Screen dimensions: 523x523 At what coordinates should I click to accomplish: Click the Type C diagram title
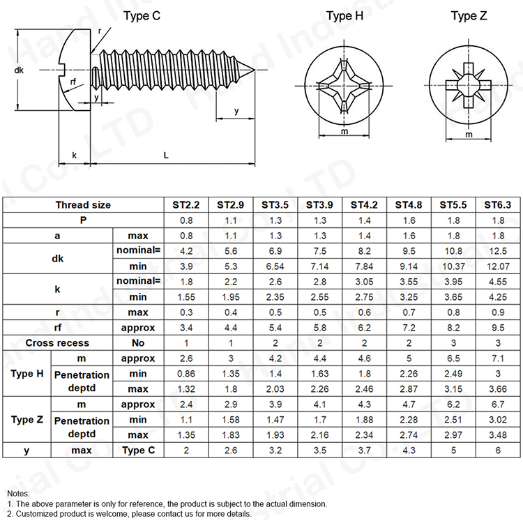coord(142,15)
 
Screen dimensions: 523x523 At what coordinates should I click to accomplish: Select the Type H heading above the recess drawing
coord(344,15)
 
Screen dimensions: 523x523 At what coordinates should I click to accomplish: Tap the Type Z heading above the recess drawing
coord(469,15)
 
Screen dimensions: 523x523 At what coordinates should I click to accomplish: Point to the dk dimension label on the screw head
coord(19,70)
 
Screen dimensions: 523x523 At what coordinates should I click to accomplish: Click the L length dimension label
coord(166,155)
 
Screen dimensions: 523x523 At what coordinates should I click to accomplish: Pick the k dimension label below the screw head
coord(75,155)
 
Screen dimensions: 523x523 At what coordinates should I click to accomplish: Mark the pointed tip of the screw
coord(255,70)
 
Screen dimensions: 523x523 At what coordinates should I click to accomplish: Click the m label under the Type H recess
coord(344,131)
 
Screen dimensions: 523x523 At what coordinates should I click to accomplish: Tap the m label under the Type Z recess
coord(469,135)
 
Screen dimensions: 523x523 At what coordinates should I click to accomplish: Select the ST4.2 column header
coord(364,205)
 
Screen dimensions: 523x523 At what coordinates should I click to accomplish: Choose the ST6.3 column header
coord(498,205)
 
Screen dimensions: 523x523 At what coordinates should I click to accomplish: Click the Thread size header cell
coord(83,205)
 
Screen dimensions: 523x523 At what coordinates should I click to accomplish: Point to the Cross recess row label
coord(57,343)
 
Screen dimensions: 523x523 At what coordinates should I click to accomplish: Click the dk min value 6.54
coord(275,266)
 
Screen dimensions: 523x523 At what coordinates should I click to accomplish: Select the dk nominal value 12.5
coord(498,251)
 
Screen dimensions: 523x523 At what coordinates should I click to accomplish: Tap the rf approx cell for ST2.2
coord(186,328)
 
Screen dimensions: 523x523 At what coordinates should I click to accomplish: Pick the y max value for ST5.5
coord(453,450)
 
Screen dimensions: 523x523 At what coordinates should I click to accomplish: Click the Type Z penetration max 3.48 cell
coord(498,435)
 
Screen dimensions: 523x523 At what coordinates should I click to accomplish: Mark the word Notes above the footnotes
coord(18,493)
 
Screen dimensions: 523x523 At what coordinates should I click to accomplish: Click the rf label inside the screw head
coord(73,82)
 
